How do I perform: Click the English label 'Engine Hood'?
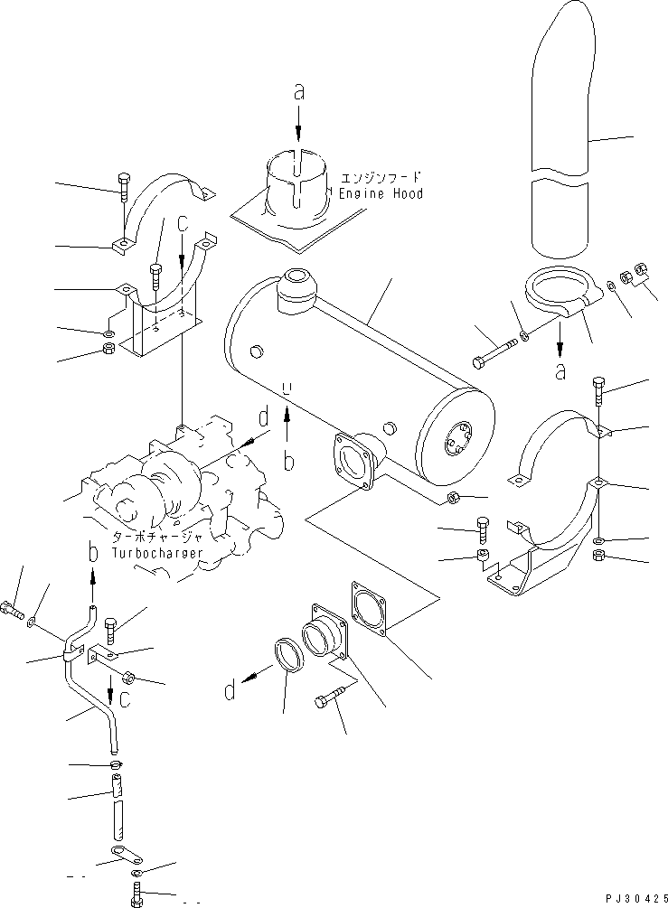[x=381, y=194]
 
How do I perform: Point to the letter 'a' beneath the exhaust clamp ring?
[x=561, y=370]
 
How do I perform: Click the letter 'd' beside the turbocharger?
[x=264, y=417]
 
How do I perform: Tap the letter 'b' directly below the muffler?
[x=287, y=462]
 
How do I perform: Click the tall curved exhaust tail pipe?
[x=562, y=136]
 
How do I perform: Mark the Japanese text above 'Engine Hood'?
[x=381, y=178]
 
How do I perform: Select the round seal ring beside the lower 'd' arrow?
[x=286, y=656]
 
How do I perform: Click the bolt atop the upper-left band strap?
[x=124, y=183]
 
